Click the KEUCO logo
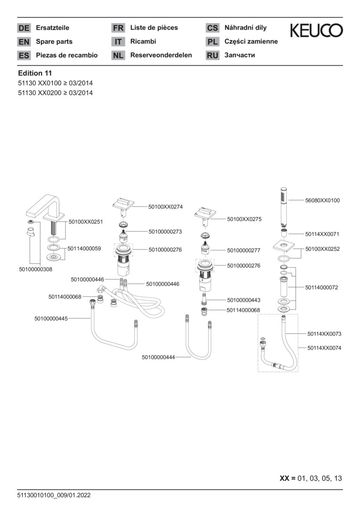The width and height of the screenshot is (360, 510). click(316, 31)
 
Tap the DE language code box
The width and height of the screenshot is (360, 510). click(24, 28)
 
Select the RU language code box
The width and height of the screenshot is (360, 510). click(212, 56)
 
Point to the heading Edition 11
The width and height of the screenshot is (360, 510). click(35, 73)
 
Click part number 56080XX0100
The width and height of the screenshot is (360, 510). click(322, 201)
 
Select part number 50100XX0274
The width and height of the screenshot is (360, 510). click(165, 207)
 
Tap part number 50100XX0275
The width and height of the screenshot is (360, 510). click(244, 219)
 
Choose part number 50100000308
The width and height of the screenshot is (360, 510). click(36, 269)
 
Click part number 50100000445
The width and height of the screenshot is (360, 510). click(51, 319)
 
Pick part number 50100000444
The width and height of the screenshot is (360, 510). click(158, 357)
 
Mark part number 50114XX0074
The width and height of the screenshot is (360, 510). click(324, 348)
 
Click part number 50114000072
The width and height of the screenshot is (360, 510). click(321, 287)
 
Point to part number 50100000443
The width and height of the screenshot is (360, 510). click(243, 300)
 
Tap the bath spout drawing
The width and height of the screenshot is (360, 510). click(45, 208)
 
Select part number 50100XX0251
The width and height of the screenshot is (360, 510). click(86, 221)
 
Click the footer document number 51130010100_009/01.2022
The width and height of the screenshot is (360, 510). click(54, 495)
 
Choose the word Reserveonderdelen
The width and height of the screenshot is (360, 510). click(161, 55)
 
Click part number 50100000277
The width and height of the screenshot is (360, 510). click(243, 250)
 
